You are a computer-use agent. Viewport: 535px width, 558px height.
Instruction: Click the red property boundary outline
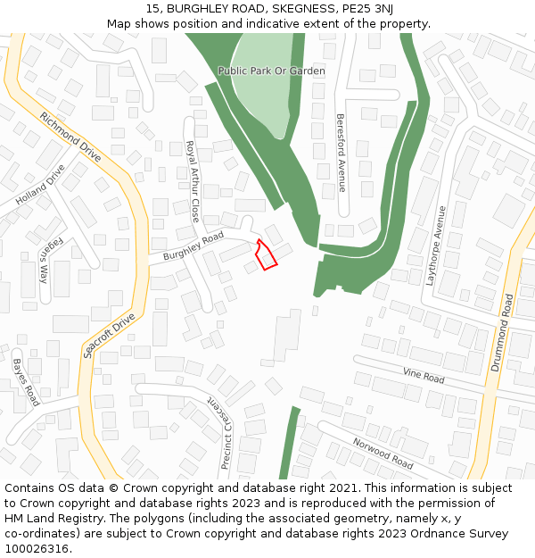(266, 254)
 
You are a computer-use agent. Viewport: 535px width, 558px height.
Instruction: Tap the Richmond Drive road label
(70, 137)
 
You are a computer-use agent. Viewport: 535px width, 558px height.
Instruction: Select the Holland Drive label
(40, 186)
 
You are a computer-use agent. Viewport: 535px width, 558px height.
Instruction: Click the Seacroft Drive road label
(109, 336)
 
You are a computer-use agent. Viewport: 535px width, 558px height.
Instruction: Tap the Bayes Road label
(26, 382)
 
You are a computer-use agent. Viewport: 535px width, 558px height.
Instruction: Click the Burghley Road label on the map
(193, 247)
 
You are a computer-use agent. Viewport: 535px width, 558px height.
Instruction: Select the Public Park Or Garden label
(271, 71)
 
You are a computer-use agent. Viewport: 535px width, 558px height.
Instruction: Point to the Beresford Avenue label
(341, 153)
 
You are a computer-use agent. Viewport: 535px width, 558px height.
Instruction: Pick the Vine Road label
(424, 377)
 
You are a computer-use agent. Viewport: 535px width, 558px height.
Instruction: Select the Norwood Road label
(383, 453)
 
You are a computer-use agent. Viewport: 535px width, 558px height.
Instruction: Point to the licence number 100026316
(37, 549)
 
